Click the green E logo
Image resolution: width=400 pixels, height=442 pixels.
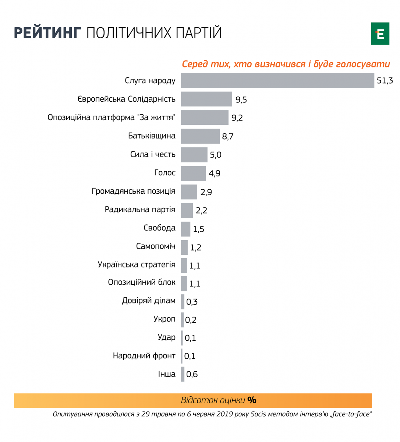pos(380,34)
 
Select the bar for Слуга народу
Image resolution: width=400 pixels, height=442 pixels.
pos(277,80)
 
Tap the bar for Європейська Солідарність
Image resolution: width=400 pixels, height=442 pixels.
pos(206,99)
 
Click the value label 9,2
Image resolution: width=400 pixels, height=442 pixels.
pos(237,118)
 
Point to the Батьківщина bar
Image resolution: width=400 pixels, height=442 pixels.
pos(200,136)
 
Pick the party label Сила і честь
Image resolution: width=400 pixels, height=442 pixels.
pos(153,154)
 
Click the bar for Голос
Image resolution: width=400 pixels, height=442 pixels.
pos(193,173)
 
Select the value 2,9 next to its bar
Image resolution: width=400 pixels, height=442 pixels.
pos(206,192)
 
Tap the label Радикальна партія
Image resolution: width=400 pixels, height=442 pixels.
pos(140,210)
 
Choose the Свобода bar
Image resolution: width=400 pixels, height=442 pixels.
pos(185,229)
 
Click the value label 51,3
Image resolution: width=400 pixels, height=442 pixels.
pos(385,81)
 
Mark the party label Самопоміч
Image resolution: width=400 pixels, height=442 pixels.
pos(156,246)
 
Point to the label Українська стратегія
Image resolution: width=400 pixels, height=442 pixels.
pos(137,264)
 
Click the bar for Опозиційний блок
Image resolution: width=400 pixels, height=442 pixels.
pos(184,283)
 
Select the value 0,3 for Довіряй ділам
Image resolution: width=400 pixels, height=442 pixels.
pos(192,302)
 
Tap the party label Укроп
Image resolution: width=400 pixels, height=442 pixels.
pos(164,319)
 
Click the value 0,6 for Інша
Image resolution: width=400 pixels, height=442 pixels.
pos(192,375)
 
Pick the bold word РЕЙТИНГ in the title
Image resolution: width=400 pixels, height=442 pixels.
pos(47,33)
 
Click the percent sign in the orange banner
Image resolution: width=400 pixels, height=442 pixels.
pos(252,400)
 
